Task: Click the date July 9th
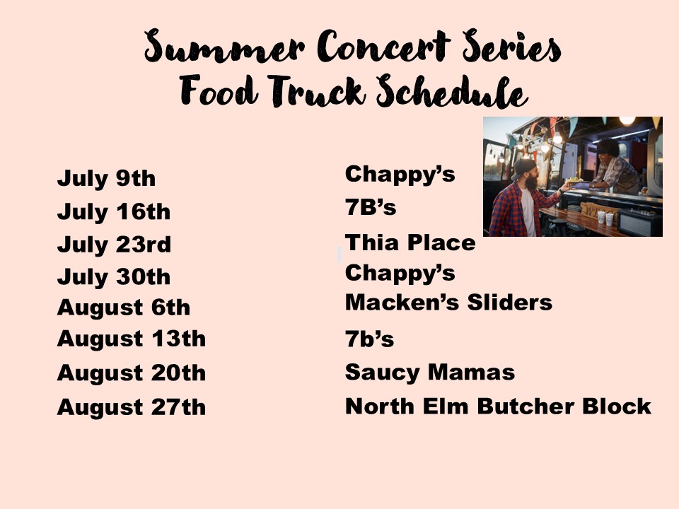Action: pyautogui.click(x=106, y=179)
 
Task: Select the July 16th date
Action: pyautogui.click(x=113, y=212)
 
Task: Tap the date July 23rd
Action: pyautogui.click(x=114, y=245)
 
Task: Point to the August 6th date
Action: pyautogui.click(x=123, y=308)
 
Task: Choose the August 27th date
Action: pyautogui.click(x=132, y=407)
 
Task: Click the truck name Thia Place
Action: pyautogui.click(x=410, y=242)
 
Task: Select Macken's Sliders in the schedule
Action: pyautogui.click(x=448, y=302)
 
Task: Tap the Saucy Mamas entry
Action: pyautogui.click(x=430, y=373)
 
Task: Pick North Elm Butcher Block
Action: pyautogui.click(x=498, y=406)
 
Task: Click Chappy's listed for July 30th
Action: pyautogui.click(x=400, y=274)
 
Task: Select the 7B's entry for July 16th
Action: pyautogui.click(x=371, y=207)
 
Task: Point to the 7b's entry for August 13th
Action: pyautogui.click(x=369, y=339)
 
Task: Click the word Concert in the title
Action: pyautogui.click(x=383, y=47)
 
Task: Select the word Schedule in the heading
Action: pyautogui.click(x=452, y=91)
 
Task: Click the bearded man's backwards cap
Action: pyautogui.click(x=523, y=168)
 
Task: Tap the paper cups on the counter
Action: pyautogui.click(x=605, y=218)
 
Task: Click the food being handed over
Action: pyautogui.click(x=574, y=180)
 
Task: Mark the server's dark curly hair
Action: pyautogui.click(x=609, y=147)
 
